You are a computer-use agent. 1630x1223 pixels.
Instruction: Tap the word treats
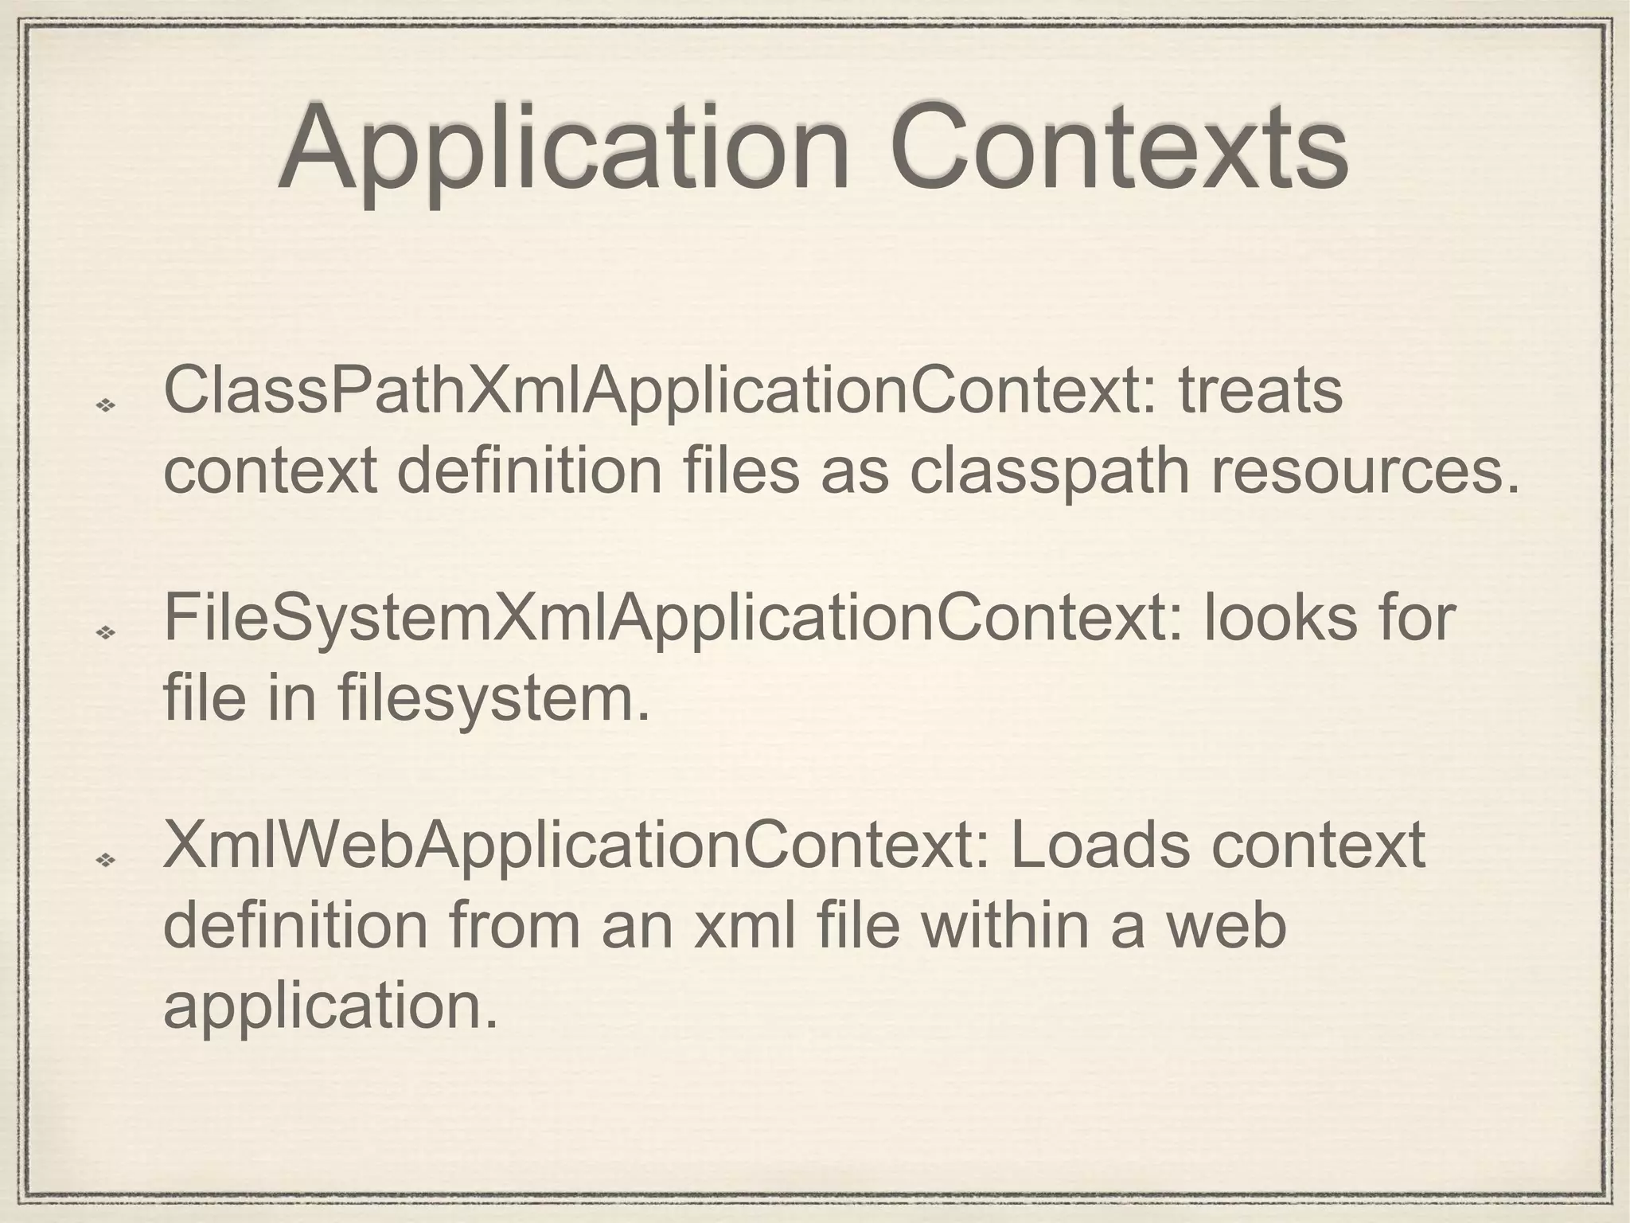(1260, 392)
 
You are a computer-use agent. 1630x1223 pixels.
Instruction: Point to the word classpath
(1050, 471)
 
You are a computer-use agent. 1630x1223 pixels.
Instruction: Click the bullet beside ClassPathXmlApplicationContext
(105, 406)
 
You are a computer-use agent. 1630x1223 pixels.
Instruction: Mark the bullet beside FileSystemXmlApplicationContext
(105, 633)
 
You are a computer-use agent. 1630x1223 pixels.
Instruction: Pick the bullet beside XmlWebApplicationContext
(105, 860)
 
